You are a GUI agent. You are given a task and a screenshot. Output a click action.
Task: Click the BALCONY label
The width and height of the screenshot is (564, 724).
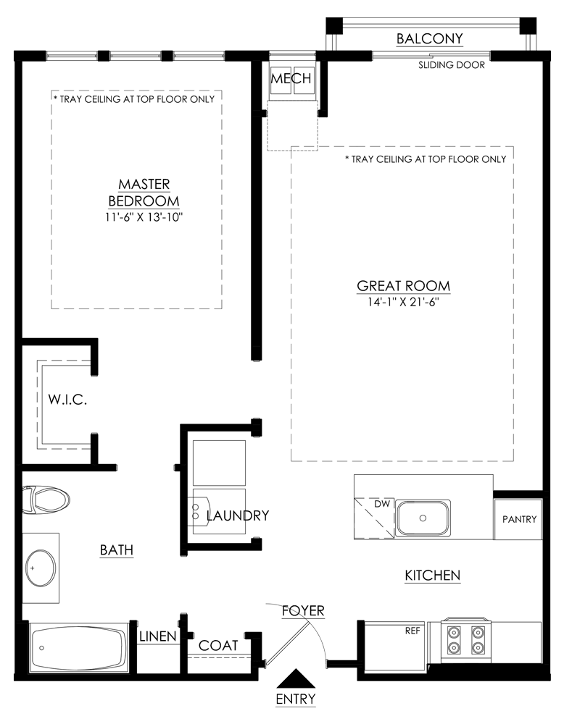coord(429,38)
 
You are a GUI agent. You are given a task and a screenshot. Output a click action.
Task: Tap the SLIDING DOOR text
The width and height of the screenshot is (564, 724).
coord(452,65)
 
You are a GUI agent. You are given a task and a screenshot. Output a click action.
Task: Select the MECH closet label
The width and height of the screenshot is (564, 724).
coord(291,78)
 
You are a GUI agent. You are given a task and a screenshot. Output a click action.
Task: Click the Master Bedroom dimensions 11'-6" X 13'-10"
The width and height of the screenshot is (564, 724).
coord(144,217)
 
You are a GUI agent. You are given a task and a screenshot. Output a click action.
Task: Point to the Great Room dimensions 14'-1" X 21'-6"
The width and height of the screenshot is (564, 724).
coord(403,302)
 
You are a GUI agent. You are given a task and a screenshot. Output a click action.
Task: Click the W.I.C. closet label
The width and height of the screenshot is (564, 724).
coord(67,400)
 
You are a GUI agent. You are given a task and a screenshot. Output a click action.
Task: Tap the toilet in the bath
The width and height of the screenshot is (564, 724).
coord(46,499)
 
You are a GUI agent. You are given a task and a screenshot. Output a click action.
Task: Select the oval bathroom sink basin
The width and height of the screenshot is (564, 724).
coord(41,568)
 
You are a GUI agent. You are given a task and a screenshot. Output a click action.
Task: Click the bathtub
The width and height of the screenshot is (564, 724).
coord(78,647)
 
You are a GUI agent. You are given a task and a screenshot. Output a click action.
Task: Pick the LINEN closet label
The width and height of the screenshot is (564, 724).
coord(157,636)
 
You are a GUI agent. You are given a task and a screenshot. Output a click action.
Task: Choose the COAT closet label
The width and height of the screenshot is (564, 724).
coord(218,646)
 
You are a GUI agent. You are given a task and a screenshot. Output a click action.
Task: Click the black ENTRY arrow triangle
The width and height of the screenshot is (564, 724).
coord(295,679)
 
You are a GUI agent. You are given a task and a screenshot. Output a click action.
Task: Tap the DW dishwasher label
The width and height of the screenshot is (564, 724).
coord(382,504)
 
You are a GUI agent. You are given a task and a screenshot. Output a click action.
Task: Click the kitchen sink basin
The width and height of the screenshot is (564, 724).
coord(423,518)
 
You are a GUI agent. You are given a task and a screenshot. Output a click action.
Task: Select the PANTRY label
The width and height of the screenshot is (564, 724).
coord(520,519)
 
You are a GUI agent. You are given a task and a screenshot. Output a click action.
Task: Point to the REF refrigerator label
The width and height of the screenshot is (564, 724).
coord(412,631)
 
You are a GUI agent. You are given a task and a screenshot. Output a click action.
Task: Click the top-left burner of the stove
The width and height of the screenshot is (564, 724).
coord(454,632)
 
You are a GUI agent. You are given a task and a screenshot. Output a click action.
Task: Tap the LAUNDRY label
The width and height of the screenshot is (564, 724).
coord(238,515)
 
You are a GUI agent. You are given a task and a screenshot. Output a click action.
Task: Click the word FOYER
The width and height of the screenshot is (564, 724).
coord(303,610)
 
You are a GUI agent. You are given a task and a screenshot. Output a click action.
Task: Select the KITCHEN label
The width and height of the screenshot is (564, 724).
coord(433,576)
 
